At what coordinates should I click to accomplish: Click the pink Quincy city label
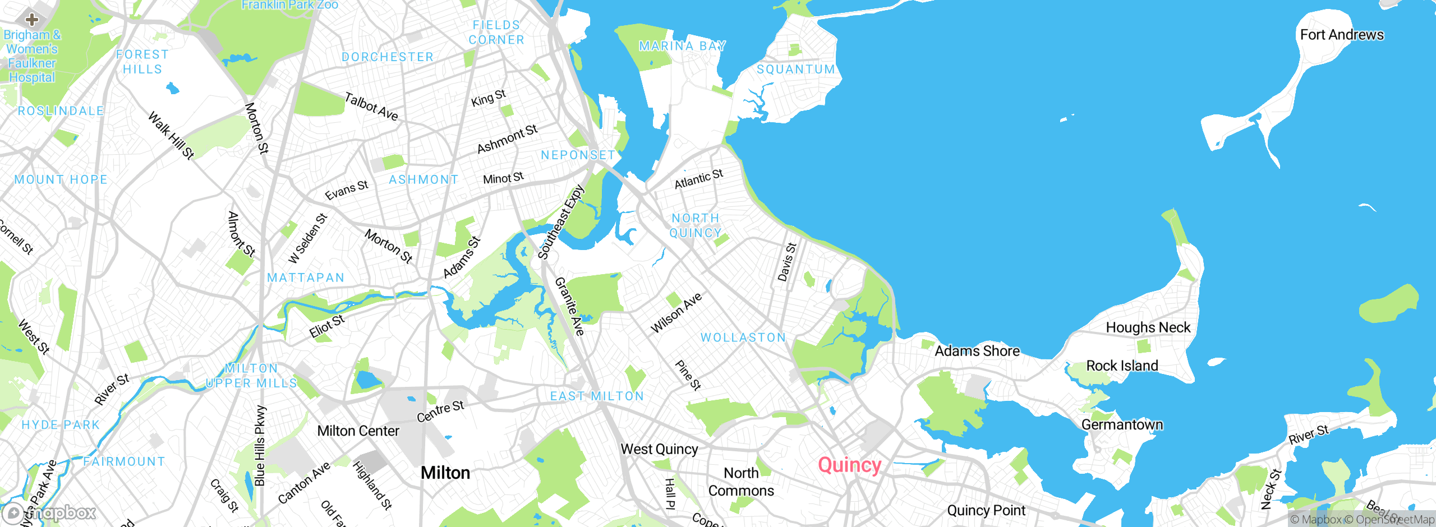pyautogui.click(x=849, y=465)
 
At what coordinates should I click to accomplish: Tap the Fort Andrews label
pyautogui.click(x=1342, y=35)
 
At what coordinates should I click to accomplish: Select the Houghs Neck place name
pyautogui.click(x=1148, y=327)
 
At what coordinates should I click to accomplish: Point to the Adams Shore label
pyautogui.click(x=977, y=351)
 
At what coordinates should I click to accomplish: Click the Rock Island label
pyautogui.click(x=1122, y=366)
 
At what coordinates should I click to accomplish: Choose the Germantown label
pyautogui.click(x=1122, y=424)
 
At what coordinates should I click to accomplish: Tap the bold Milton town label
pyautogui.click(x=445, y=473)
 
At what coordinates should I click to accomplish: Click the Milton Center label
pyautogui.click(x=358, y=431)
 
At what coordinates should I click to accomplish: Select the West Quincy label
pyautogui.click(x=659, y=449)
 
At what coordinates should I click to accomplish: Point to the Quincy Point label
pyautogui.click(x=986, y=510)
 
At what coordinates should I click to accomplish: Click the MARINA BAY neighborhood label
pyautogui.click(x=682, y=46)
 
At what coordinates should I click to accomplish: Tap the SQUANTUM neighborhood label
pyautogui.click(x=796, y=70)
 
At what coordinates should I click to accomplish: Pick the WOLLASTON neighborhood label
pyautogui.click(x=743, y=338)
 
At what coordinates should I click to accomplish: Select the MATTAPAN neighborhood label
pyautogui.click(x=306, y=278)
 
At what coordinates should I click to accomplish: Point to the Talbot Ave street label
pyautogui.click(x=371, y=107)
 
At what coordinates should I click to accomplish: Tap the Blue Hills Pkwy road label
pyautogui.click(x=260, y=445)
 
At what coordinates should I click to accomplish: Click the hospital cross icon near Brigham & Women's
pyautogui.click(x=32, y=20)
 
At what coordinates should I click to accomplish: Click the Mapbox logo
pyautogui.click(x=49, y=512)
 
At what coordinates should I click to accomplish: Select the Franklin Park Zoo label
pyautogui.click(x=289, y=5)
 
